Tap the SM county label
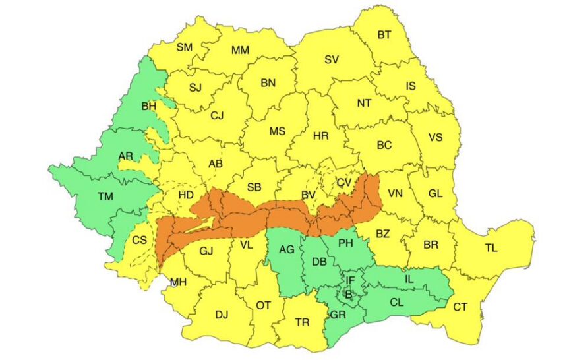pos(184,47)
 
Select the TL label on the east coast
pos(491,249)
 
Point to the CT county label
pos(460,307)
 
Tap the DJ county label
pos(222,315)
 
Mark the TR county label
pos(303,322)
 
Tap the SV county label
pos(332,59)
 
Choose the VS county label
pos(436,137)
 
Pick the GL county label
pos(435,193)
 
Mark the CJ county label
pos(217,115)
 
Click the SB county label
pos(254,187)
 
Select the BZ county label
pos(383,233)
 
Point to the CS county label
pos(140,239)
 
